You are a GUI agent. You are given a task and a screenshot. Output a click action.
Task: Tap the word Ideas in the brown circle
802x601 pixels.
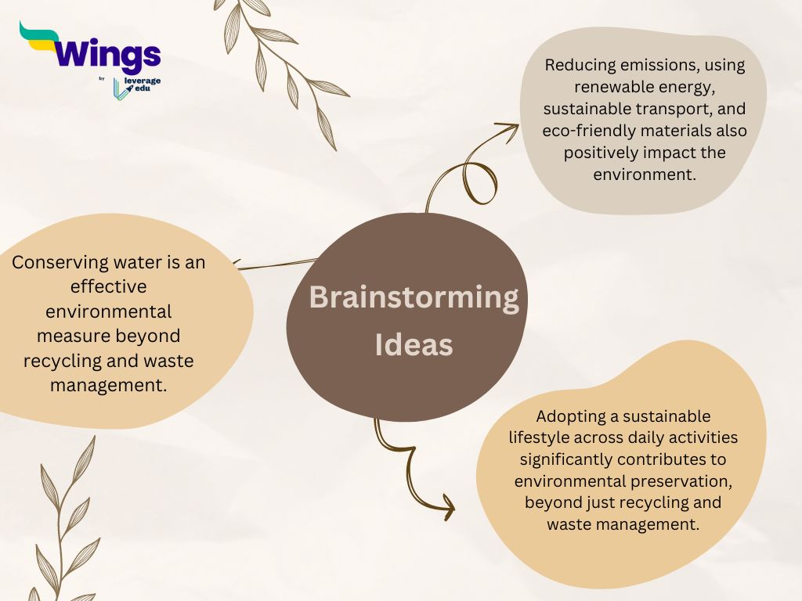tap(414, 345)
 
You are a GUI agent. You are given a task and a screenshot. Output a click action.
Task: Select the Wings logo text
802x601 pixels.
tap(107, 54)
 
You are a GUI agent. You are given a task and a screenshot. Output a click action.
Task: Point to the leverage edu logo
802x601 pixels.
tap(136, 88)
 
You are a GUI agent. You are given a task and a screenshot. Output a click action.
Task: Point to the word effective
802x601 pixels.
tap(108, 286)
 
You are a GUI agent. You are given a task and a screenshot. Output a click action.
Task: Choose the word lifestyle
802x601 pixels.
tap(539, 438)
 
